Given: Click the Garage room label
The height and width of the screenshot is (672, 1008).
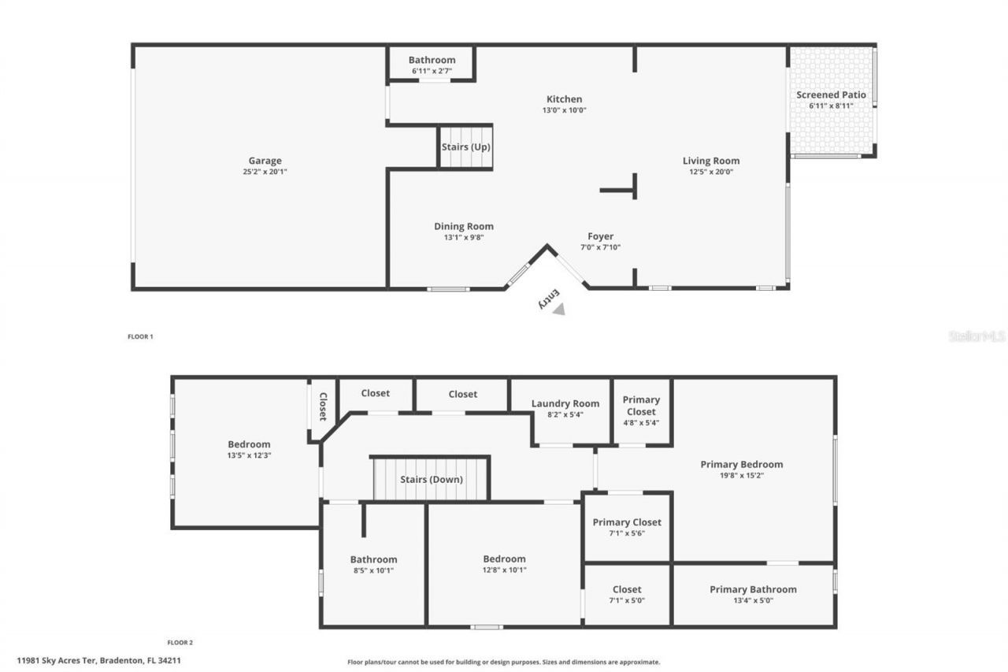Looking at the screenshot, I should point(265,161).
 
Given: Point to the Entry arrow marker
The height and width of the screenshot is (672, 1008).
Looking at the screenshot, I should point(558,310).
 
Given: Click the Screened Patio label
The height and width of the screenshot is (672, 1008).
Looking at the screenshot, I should point(831,95).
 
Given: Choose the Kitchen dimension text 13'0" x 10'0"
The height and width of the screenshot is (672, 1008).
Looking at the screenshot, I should point(565,110).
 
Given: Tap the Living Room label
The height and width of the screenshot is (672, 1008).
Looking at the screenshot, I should point(710,161).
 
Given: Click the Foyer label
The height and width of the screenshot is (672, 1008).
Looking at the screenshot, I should point(600,236).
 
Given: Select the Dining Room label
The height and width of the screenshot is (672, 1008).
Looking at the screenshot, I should point(464,226).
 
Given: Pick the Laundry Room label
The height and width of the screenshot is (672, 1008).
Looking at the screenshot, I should point(565,403).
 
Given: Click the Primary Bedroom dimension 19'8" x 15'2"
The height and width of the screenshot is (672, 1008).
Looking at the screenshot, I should point(742,475).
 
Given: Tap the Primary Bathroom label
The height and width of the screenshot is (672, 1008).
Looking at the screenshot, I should point(753,589).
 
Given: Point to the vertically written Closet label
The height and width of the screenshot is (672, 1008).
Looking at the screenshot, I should point(323,407).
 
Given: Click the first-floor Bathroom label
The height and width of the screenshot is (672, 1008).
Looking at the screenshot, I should point(432,60).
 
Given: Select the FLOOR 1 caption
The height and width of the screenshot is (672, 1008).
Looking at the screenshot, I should point(140,336).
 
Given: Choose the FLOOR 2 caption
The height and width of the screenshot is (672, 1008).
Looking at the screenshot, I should point(180,643).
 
